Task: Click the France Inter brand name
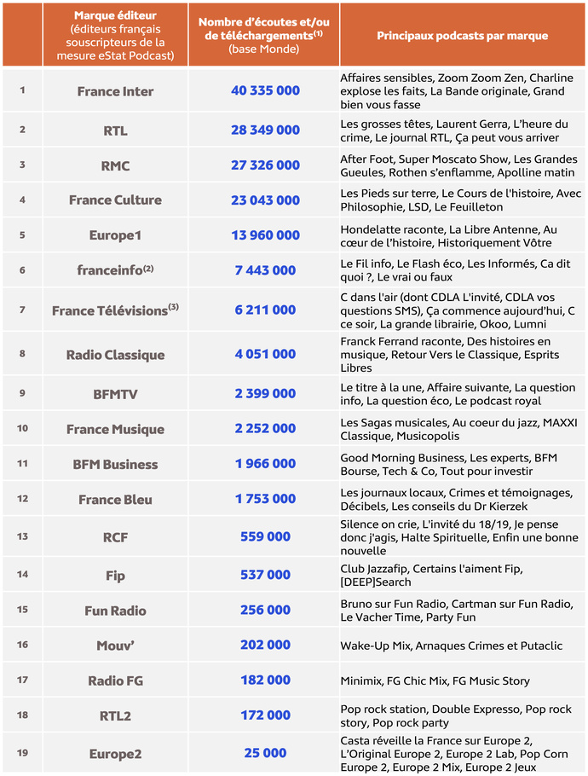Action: pyautogui.click(x=115, y=92)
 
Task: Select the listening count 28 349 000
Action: pyautogui.click(x=265, y=130)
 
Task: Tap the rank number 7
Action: pyautogui.click(x=22, y=310)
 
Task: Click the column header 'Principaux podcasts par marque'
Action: pyautogui.click(x=462, y=36)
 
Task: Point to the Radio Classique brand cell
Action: pyautogui.click(x=115, y=355)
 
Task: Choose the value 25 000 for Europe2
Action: pyautogui.click(x=265, y=753)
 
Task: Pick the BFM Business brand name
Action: pyautogui.click(x=115, y=465)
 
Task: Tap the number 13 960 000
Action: pyautogui.click(x=265, y=235)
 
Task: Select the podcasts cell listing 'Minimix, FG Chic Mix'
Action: pyautogui.click(x=435, y=680)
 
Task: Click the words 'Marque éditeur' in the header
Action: pyautogui.click(x=115, y=16)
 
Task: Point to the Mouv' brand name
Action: pyautogui.click(x=115, y=646)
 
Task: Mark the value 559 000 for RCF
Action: pyautogui.click(x=265, y=537)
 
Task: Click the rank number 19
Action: pyautogui.click(x=22, y=752)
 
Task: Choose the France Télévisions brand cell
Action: pyautogui.click(x=115, y=311)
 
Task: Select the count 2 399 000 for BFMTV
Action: pyautogui.click(x=265, y=394)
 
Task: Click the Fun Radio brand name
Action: pyautogui.click(x=115, y=611)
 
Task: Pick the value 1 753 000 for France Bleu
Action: pyautogui.click(x=265, y=500)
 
